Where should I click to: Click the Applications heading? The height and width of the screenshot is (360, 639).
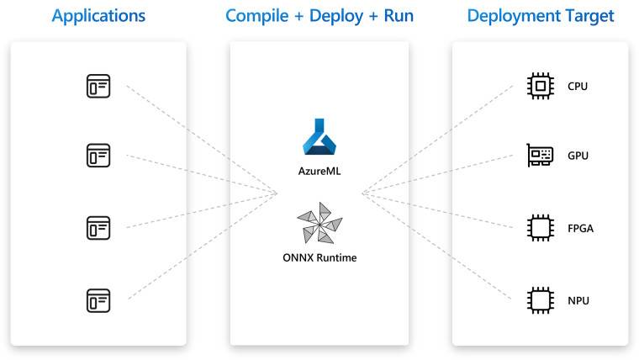98,16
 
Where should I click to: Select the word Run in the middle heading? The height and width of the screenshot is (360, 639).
398,16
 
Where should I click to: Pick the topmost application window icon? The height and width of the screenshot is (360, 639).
98,85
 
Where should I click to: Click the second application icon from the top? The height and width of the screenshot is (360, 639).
98,156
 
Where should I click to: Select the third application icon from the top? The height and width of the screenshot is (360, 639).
98,227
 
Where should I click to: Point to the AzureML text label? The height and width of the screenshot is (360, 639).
319,173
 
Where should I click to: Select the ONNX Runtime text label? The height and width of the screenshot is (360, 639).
319,257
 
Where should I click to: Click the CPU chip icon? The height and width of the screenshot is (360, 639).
539,85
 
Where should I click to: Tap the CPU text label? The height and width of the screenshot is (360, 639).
578,86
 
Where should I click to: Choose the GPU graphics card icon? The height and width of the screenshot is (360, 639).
539,156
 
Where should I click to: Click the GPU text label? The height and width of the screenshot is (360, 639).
578,156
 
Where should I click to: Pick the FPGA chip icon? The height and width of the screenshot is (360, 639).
539,227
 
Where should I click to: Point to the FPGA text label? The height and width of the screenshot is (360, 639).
581,228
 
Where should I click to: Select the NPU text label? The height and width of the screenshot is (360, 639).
578,299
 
